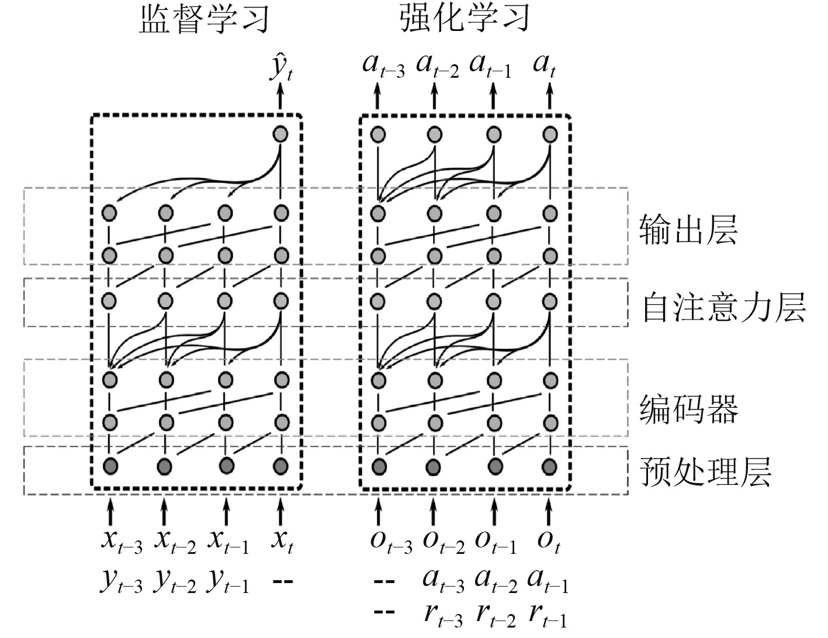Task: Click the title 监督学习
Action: point(205,19)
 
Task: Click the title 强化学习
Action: point(465,19)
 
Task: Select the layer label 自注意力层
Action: point(723,307)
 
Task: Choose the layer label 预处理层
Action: point(706,471)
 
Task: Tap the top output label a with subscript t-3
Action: point(383,65)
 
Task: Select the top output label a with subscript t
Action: point(545,65)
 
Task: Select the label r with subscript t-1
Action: point(547,615)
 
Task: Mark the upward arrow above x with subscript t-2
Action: point(164,511)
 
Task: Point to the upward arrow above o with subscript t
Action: point(548,511)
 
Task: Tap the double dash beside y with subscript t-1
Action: point(282,582)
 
